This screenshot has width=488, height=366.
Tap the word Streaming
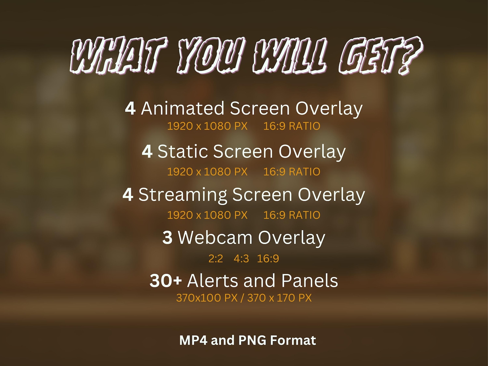[183, 195]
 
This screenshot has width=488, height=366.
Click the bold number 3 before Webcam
[167, 237]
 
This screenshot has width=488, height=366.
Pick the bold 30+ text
[166, 281]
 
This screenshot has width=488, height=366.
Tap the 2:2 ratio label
[215, 259]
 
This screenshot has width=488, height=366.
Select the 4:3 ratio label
[241, 259]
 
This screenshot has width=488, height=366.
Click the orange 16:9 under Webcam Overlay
[268, 259]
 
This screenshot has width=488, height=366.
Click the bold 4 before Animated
[130, 108]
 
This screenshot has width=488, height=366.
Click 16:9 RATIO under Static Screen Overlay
[292, 172]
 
